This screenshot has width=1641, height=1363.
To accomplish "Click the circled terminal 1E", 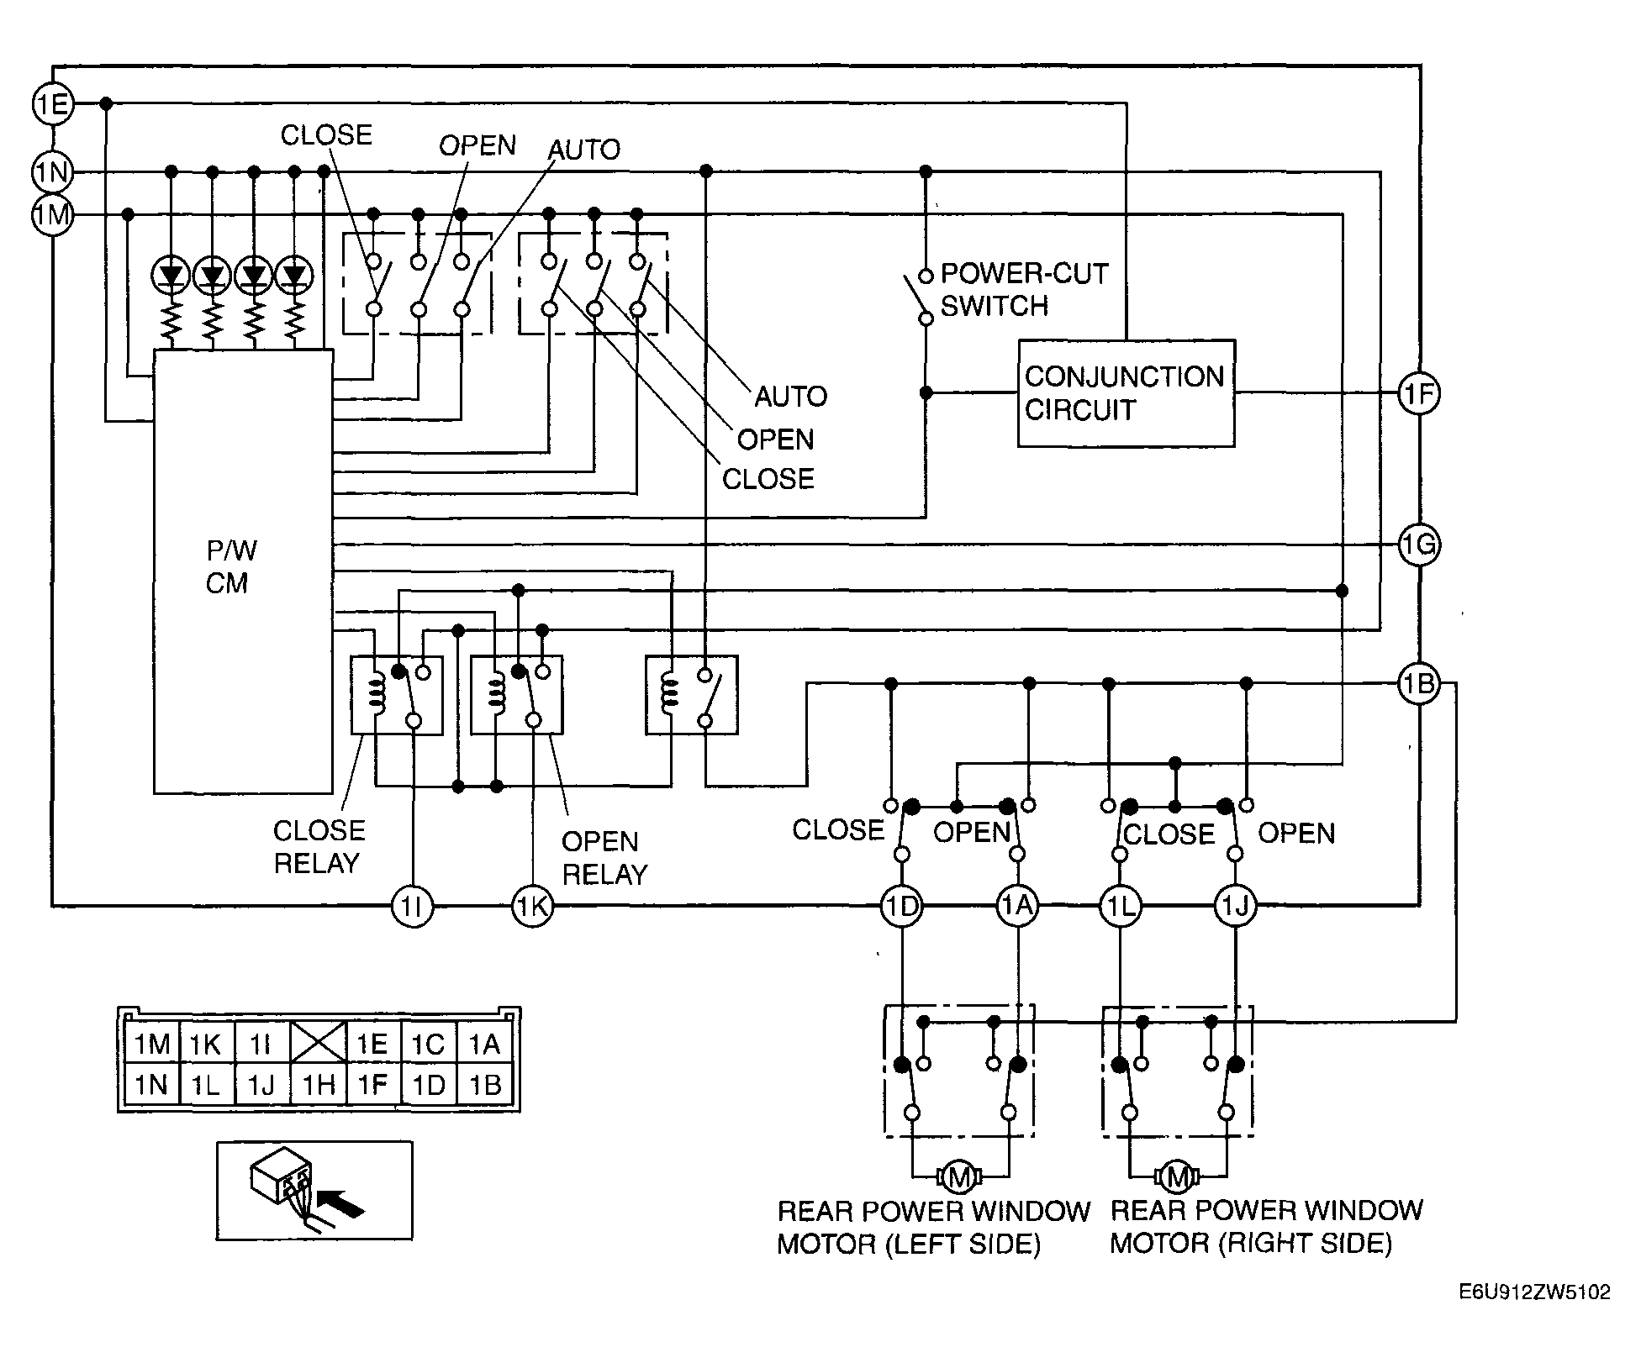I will point(52,104).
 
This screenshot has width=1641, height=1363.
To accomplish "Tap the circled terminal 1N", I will point(52,172).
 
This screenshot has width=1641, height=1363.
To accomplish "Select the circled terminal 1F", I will point(1419,393).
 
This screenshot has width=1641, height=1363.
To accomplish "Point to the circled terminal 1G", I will point(1419,545).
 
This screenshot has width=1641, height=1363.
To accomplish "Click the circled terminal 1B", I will point(1419,684).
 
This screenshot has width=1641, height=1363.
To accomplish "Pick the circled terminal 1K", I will point(533,906).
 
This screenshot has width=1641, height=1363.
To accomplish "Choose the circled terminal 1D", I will point(901,906).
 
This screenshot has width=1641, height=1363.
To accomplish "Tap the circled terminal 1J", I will point(1236,906).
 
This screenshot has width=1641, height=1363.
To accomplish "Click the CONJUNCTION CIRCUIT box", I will point(1126,393).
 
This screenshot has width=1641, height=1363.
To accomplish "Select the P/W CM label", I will point(230,567).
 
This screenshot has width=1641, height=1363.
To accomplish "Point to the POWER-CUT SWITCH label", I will point(1022,290).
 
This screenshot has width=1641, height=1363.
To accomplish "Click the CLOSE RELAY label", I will point(318,847).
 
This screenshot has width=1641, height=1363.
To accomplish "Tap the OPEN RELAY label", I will point(604,858).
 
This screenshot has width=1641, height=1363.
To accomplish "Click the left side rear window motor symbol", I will point(958,1177).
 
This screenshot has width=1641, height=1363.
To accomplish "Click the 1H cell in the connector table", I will point(318,1085).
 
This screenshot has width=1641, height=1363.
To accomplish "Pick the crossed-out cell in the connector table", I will point(318,1043).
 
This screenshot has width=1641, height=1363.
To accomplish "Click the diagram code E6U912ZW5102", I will point(1534,1315).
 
